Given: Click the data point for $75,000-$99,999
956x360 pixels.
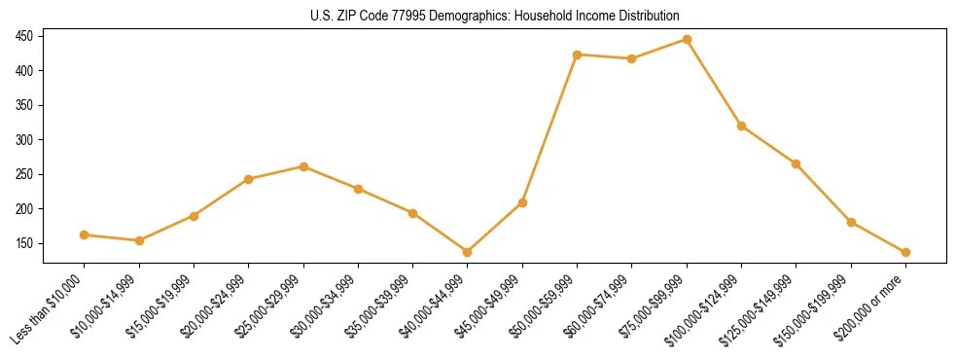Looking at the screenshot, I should (687, 40).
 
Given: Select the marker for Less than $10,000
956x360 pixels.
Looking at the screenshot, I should (84, 234).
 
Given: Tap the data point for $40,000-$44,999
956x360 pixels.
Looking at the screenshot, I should (468, 252).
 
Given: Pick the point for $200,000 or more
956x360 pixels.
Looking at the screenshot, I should (905, 252).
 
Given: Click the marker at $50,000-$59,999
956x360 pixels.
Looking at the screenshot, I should (577, 54).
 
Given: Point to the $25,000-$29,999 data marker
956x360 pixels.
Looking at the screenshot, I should (303, 166).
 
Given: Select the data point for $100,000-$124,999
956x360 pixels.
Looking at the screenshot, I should (741, 126).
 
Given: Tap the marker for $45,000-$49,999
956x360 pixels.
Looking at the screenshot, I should (522, 202).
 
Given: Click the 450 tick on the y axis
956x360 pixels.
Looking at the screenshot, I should (24, 36).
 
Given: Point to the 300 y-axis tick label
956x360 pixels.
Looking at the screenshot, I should (24, 140).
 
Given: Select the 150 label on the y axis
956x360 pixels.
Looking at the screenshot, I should (24, 243).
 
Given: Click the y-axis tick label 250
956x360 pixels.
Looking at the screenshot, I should (24, 174).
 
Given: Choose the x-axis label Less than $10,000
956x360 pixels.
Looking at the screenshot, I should (49, 309).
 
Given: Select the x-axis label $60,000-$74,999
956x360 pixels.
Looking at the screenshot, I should (599, 306).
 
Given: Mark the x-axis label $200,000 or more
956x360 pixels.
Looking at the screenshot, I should (872, 306).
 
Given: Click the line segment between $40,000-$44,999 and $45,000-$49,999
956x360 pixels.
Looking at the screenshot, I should (495, 228).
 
